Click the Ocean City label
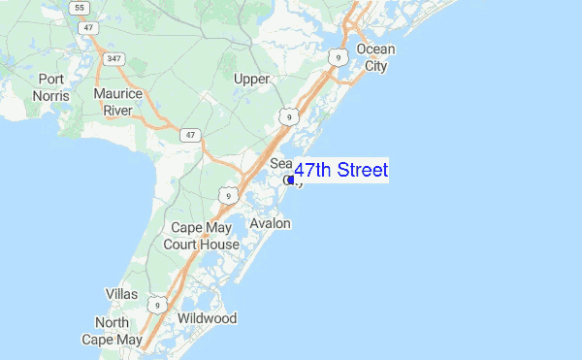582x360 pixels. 375,57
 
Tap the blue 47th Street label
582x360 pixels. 340,171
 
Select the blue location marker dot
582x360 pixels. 290,180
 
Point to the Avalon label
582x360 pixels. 270,223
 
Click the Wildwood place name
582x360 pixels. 207,318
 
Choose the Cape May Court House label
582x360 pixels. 205,236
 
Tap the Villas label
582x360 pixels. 121,293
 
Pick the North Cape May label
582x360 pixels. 118,331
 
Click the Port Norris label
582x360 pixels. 50,87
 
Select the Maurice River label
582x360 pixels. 118,102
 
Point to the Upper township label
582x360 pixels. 251,78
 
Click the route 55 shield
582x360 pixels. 79,7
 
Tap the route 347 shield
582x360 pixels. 114,59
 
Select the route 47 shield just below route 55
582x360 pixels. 89,27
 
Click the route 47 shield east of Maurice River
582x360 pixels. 191,134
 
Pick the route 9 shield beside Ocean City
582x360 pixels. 338,58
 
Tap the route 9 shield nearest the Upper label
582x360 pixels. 287,116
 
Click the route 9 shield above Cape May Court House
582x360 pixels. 226,195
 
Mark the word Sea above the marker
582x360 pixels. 280,163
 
